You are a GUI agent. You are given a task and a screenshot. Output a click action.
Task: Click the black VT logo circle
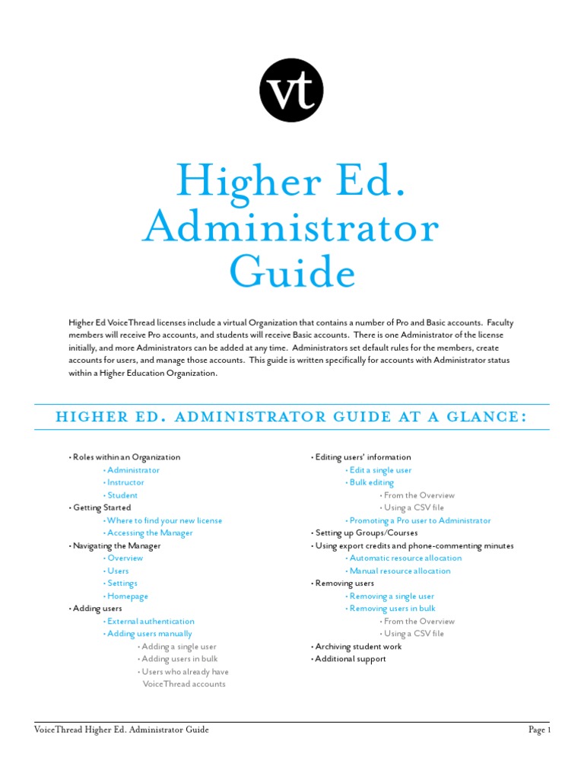point(291,90)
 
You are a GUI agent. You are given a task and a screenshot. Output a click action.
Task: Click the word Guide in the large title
point(293,272)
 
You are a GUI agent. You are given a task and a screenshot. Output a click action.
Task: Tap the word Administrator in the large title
point(291,226)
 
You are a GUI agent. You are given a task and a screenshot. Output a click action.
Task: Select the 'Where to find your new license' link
point(165,520)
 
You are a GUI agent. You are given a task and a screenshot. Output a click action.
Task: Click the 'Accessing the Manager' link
point(150,533)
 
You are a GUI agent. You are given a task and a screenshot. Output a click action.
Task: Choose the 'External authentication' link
point(151,621)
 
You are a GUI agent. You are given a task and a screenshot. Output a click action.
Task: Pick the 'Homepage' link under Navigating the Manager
point(128,596)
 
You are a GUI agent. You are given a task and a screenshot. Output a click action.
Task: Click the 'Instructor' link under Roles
point(125,482)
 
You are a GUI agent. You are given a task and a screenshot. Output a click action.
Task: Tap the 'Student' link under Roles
point(122,495)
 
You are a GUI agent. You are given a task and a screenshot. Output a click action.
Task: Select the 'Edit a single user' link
point(380,470)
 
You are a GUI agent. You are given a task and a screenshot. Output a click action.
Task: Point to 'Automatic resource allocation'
point(405,558)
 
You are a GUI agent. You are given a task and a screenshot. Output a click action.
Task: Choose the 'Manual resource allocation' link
point(400,571)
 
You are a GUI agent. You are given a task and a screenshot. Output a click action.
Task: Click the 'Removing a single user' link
point(392,596)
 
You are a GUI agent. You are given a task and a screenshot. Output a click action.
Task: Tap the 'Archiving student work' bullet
point(358,647)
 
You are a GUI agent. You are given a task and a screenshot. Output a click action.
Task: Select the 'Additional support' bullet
point(351,659)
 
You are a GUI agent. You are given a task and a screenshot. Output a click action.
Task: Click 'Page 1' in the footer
point(539,730)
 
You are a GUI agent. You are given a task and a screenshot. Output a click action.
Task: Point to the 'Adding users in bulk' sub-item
point(179,659)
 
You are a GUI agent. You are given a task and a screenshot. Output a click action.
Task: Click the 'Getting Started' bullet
point(102,507)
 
